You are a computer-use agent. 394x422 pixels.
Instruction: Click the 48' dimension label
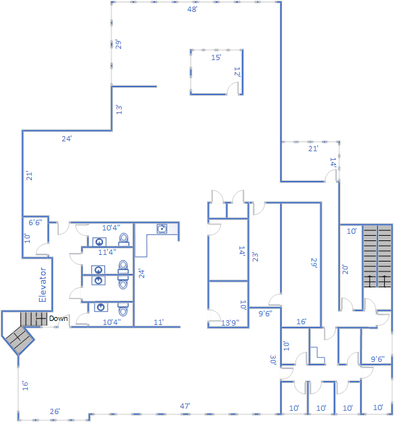192,9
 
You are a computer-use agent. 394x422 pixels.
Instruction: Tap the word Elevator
42,285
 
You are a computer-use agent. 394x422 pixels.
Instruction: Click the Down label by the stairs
58,318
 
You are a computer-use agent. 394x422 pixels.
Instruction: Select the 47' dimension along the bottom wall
185,406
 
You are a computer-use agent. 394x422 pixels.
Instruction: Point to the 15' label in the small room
216,57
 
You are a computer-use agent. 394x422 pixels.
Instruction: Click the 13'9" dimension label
230,322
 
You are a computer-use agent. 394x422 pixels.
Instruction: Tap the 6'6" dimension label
35,223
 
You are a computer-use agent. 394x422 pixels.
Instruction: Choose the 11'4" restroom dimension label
107,252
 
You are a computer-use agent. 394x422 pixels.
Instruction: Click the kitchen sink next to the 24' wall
162,229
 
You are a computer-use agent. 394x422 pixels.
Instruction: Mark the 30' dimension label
273,360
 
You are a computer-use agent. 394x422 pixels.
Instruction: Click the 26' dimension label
55,411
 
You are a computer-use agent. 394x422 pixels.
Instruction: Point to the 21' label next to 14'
313,149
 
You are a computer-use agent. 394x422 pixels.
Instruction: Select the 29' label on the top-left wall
118,44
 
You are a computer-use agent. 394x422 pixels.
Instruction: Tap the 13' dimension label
119,110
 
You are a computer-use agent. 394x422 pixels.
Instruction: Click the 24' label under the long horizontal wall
67,139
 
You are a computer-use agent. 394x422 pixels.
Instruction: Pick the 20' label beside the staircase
345,269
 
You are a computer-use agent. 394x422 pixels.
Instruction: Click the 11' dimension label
159,322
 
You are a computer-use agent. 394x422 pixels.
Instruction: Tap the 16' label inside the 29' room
301,322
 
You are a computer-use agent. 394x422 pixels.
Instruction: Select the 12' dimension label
237,72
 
